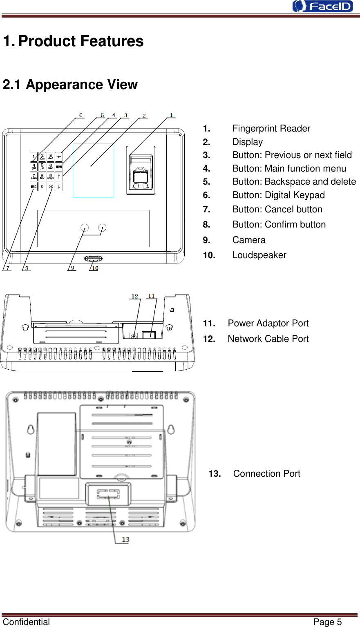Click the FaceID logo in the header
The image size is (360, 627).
click(x=322, y=6)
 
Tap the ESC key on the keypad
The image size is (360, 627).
click(x=34, y=187)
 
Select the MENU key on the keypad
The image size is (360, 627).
click(x=59, y=167)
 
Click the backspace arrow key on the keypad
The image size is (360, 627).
click(x=59, y=156)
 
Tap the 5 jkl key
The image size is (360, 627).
click(x=42, y=167)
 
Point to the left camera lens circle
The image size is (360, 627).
click(x=85, y=228)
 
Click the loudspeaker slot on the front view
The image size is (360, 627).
click(x=94, y=259)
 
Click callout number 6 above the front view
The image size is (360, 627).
click(x=81, y=116)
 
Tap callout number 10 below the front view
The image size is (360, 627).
click(x=95, y=268)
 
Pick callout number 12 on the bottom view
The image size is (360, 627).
click(x=135, y=297)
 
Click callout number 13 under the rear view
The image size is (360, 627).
click(x=125, y=540)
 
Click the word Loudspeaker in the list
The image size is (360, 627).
click(x=259, y=255)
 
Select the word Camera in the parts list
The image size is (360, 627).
click(x=248, y=240)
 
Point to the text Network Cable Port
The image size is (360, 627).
click(x=268, y=339)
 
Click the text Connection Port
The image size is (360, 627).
click(x=266, y=474)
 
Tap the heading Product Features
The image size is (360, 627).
click(x=81, y=41)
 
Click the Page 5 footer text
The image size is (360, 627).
click(x=327, y=622)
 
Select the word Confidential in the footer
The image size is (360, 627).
click(x=26, y=622)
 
